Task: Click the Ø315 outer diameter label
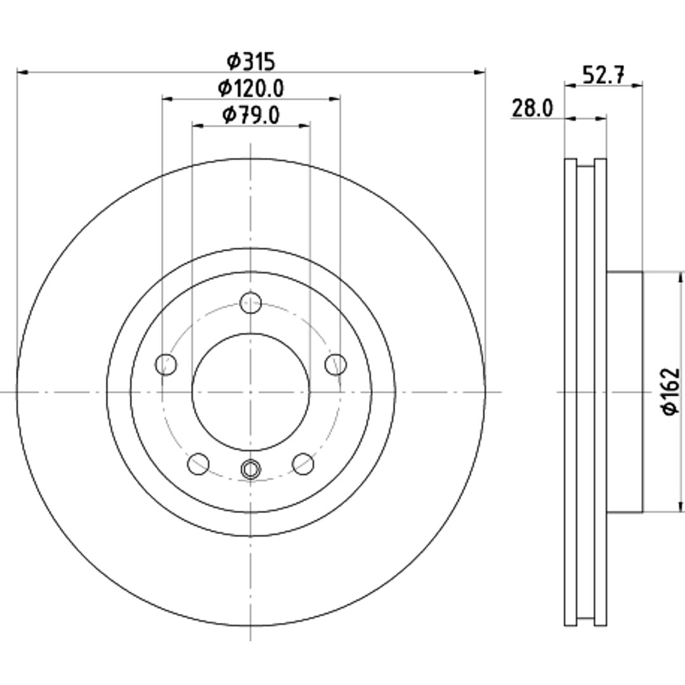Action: (251, 61)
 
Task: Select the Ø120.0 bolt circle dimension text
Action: (251, 88)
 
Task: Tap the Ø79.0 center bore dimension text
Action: (251, 115)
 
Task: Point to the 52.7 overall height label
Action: (603, 75)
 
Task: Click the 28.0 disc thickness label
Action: (532, 108)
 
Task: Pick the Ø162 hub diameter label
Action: (671, 392)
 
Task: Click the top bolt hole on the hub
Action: (251, 303)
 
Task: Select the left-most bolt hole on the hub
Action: (166, 364)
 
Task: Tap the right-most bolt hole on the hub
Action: (336, 364)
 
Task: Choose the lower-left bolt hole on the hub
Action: (199, 464)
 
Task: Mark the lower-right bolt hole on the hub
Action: (303, 464)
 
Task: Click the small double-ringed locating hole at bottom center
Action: (251, 469)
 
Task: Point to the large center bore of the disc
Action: (251, 392)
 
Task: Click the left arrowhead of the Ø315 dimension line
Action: (22, 72)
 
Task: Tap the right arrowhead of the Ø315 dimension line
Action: (480, 72)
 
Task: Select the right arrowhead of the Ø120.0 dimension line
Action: (335, 99)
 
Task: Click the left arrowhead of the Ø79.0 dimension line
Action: (198, 126)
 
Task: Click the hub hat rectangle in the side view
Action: (625, 392)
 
